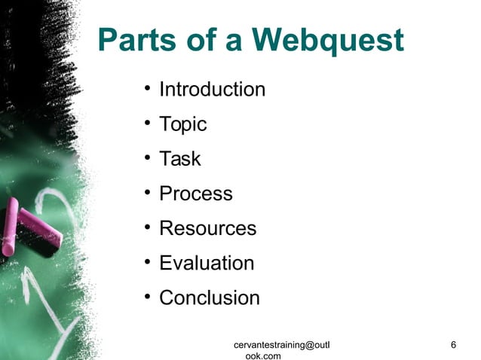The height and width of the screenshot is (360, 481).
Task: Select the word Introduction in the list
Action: (212, 90)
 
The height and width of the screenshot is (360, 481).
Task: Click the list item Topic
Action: (182, 124)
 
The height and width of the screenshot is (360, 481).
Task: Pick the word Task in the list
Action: (179, 159)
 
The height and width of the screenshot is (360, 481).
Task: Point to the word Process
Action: (195, 194)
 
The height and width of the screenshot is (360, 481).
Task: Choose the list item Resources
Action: (207, 228)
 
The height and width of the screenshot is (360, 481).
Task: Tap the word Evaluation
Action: (207, 263)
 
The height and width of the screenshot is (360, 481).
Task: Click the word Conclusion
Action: (209, 297)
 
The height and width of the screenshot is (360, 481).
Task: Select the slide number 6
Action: (452, 345)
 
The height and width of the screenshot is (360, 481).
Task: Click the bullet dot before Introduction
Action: (148, 90)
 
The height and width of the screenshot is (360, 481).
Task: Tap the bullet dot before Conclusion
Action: (148, 298)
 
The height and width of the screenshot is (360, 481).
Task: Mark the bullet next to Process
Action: (148, 194)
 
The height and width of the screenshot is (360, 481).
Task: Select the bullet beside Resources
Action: (148, 229)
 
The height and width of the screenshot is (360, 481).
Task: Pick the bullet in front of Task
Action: (148, 160)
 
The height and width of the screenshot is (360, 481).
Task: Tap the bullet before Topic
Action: (148, 125)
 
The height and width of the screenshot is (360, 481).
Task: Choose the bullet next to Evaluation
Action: (148, 264)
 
